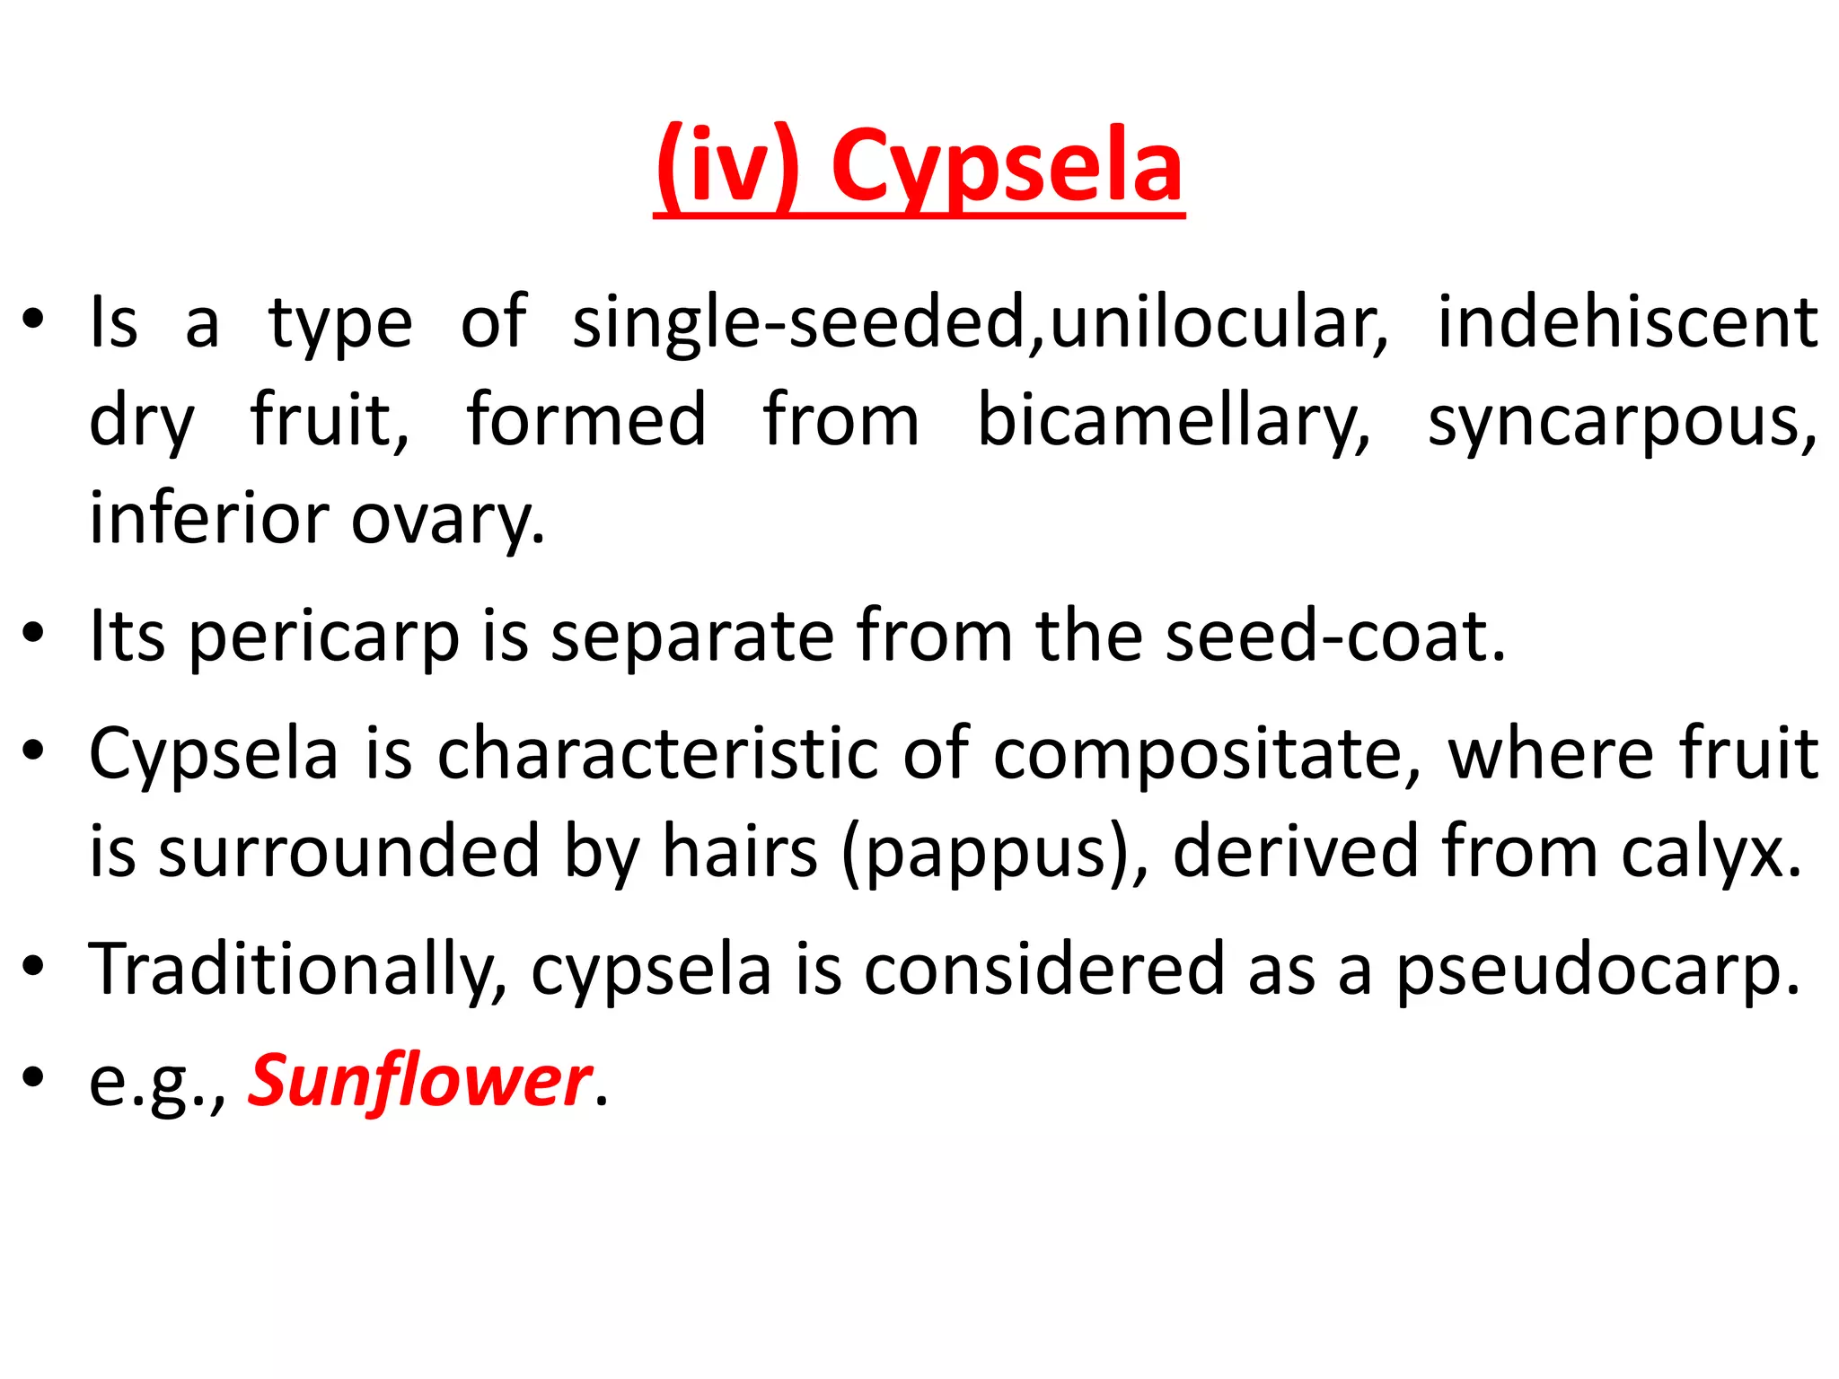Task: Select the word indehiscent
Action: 1627,323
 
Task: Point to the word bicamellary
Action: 1174,421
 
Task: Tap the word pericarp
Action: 324,637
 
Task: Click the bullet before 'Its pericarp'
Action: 33,634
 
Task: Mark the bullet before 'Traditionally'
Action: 33,967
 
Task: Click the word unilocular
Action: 1219,323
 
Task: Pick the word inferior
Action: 209,519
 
